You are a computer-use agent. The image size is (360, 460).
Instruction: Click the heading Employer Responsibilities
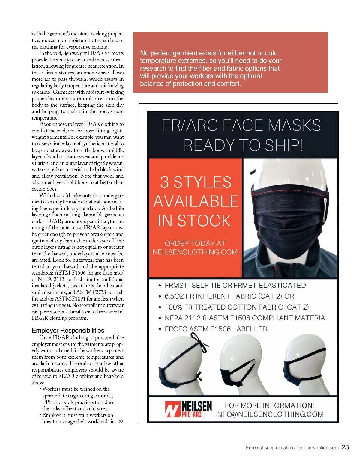pos(68,331)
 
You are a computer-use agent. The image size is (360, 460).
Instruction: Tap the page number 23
pos(345,447)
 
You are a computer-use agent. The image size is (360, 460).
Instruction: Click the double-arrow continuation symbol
pos(121,421)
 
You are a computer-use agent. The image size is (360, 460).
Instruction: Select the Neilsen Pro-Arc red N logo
pos(173,409)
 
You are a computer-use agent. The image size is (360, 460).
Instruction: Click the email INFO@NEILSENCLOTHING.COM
pos(269,414)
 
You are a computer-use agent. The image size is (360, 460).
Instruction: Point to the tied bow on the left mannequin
pos(205,348)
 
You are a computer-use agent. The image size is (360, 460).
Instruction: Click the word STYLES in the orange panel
pos(202,182)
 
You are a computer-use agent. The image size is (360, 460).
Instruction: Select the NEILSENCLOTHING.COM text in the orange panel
pos(195,252)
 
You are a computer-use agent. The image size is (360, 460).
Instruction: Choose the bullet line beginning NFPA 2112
pos(247,318)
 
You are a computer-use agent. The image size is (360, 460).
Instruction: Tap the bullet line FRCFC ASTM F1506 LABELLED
pos(216,329)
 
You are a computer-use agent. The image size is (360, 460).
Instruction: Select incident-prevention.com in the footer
pos(313,448)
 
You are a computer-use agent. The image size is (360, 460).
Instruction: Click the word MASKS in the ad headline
pos(294,125)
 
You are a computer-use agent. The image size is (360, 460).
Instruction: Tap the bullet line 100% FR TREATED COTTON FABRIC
pos(237,307)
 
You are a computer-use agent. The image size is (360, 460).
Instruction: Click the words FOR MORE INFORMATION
pos(269,405)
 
